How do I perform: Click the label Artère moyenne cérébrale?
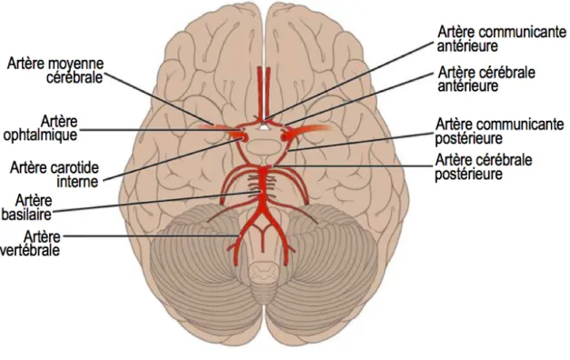click(x=55, y=71)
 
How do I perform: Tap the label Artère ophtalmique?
click(x=40, y=127)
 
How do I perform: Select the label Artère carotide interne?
click(x=55, y=175)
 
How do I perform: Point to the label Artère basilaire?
click(x=26, y=207)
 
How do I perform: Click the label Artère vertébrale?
click(x=31, y=244)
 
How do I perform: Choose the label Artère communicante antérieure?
click(x=502, y=39)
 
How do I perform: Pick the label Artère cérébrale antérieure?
click(x=486, y=79)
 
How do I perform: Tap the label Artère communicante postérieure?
click(x=499, y=131)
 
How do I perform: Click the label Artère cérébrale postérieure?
click(x=484, y=167)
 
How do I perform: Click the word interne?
click(x=77, y=182)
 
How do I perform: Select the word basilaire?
click(x=26, y=215)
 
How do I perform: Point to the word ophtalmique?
click(x=40, y=135)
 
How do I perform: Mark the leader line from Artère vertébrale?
click(x=151, y=236)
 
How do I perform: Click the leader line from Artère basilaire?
click(x=157, y=202)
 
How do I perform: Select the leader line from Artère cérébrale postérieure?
click(x=353, y=166)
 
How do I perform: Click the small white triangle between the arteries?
click(x=265, y=127)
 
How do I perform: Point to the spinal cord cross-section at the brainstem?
click(x=265, y=272)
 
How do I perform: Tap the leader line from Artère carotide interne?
click(x=172, y=159)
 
